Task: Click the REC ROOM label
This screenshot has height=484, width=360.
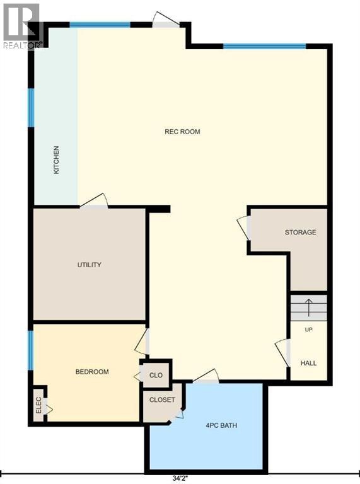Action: [x=182, y=132]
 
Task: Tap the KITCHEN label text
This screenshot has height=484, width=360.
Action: [x=57, y=160]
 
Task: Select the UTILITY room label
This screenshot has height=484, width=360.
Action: [x=90, y=265]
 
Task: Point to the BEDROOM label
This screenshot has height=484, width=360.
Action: [x=92, y=372]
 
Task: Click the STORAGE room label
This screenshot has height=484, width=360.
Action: [x=300, y=232]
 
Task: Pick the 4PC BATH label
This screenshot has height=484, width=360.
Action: [x=221, y=425]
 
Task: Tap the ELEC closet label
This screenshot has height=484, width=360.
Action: [x=38, y=405]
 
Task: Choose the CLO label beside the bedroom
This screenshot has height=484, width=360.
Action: [x=156, y=376]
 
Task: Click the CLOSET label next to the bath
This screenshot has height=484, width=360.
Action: [x=162, y=400]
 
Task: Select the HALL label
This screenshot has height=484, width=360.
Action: [x=308, y=363]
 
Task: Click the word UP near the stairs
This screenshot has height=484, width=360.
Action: [x=308, y=330]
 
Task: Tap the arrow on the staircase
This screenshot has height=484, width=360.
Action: [x=309, y=308]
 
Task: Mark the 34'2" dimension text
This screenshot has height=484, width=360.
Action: [x=180, y=479]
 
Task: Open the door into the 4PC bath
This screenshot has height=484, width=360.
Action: [x=206, y=376]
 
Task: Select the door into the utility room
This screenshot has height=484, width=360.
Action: [x=94, y=201]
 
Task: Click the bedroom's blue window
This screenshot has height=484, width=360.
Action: [x=30, y=350]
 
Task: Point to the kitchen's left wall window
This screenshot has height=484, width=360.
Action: [x=31, y=108]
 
